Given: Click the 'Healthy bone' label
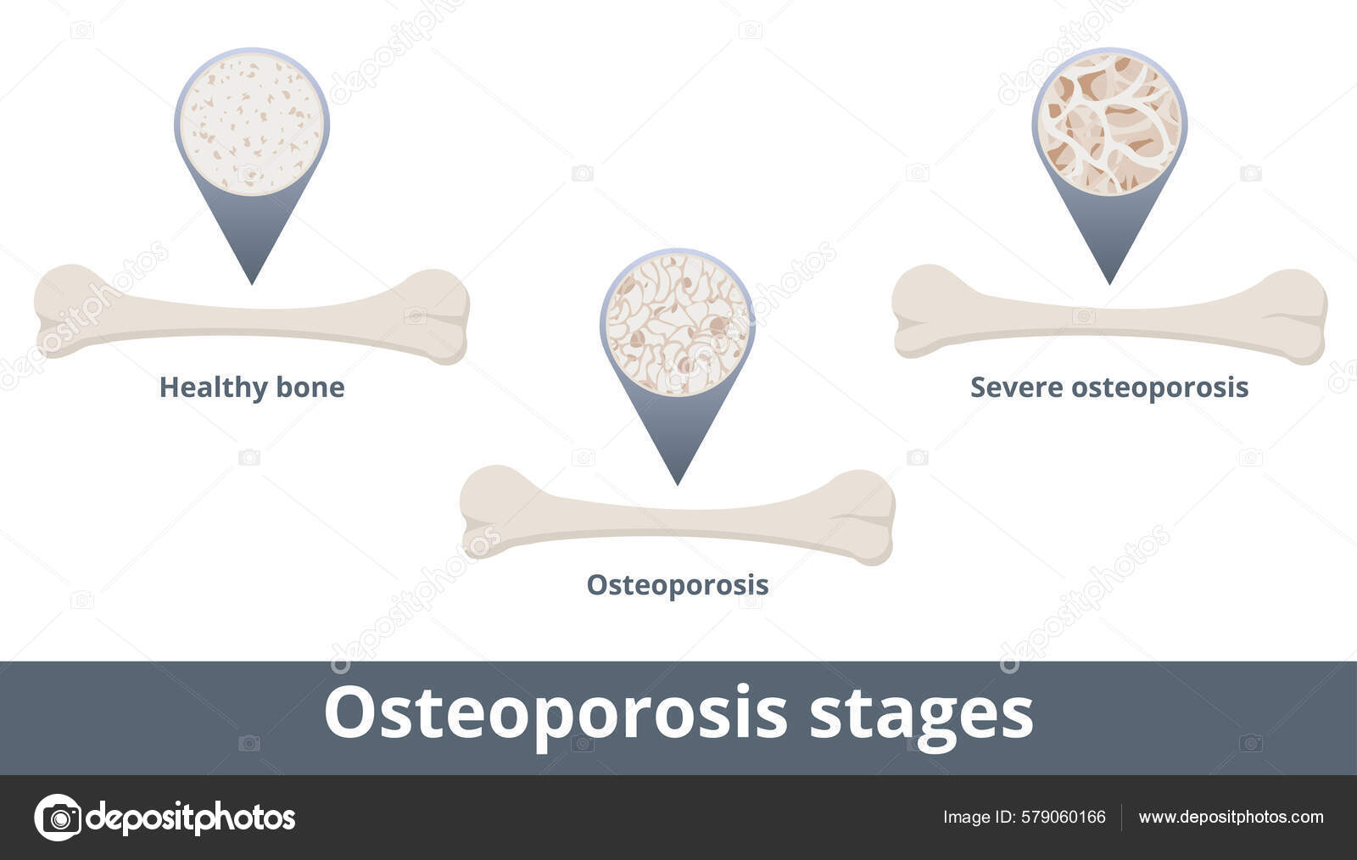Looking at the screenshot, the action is (252, 388).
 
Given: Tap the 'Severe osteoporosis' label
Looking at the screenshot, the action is (1108, 388).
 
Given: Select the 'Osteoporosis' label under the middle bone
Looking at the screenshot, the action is (677, 585).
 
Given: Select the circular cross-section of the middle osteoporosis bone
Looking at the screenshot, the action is (677, 324).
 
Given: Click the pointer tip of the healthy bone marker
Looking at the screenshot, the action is (252, 281).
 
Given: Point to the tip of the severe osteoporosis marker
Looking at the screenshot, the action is (1109, 281).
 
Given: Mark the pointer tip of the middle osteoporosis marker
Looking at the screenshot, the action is (677, 483).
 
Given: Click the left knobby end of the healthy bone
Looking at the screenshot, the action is (64, 311).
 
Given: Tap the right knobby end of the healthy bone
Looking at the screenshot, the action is (439, 316).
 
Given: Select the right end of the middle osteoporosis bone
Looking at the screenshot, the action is (866, 517).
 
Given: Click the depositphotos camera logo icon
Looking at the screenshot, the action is (58, 818).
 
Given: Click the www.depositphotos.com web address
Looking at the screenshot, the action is (1231, 818).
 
